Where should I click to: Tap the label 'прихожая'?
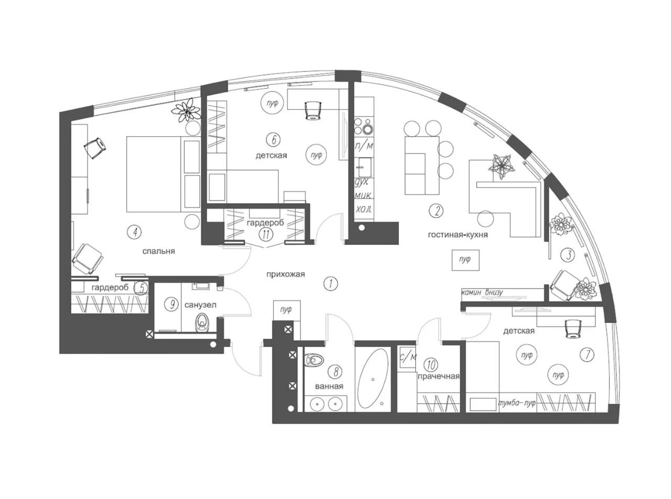285,274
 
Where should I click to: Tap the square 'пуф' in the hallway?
286,309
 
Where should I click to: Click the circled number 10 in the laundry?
430,363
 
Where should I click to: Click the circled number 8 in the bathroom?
335,372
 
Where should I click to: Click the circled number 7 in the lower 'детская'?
587,354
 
